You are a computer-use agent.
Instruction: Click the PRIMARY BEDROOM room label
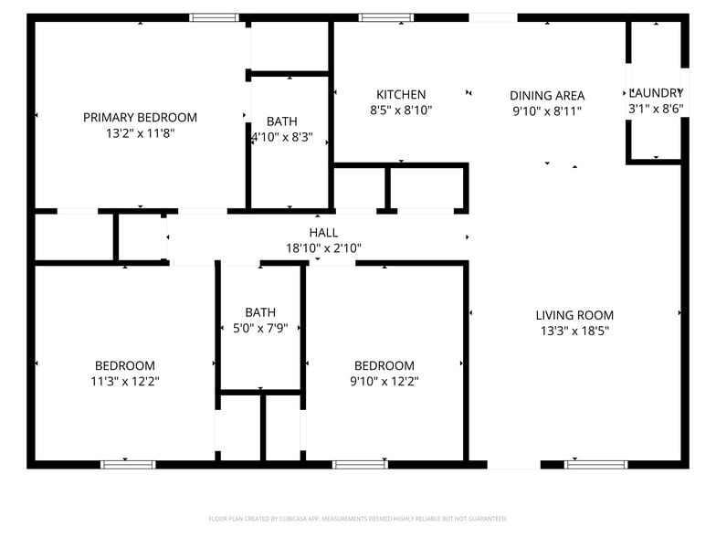click(140, 118)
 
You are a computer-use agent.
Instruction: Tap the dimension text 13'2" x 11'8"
click(140, 133)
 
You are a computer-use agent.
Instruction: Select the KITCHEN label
click(401, 95)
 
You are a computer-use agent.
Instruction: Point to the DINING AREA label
click(547, 96)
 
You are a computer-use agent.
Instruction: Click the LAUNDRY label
click(656, 93)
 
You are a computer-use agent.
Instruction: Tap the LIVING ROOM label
click(574, 316)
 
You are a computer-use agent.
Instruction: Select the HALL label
click(323, 233)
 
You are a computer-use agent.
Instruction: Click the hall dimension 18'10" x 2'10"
click(323, 248)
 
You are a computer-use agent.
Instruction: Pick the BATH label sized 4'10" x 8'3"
click(281, 122)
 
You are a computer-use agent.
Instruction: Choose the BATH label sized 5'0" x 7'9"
click(260, 312)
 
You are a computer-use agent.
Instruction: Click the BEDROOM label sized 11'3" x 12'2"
click(125, 366)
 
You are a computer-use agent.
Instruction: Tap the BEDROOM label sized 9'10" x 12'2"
click(384, 366)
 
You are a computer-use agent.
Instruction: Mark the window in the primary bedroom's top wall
click(215, 17)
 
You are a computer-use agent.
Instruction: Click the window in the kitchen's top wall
click(385, 17)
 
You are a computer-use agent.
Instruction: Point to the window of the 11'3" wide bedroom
click(128, 464)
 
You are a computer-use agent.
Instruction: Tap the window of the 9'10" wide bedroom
click(360, 464)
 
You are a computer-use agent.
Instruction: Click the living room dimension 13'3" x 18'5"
click(574, 332)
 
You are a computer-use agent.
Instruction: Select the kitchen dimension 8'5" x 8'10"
click(401, 111)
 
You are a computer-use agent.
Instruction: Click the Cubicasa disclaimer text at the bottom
click(357, 519)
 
